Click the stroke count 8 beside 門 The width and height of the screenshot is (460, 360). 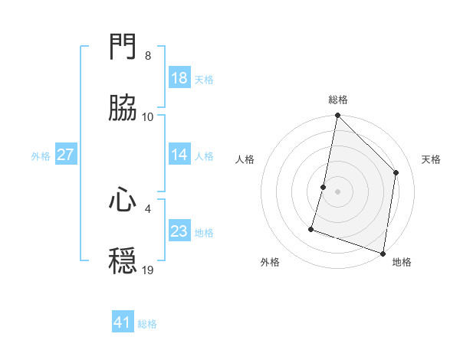[148, 56]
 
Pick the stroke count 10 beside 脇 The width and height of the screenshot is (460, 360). [148, 117]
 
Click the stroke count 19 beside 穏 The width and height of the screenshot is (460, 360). [148, 270]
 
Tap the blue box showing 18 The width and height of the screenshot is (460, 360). [179, 78]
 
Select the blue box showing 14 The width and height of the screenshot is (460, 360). [179, 155]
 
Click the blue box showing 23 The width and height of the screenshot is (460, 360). [179, 231]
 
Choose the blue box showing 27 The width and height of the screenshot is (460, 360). [66, 155]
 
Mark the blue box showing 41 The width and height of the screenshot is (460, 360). [123, 322]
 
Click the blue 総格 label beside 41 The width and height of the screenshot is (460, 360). [147, 324]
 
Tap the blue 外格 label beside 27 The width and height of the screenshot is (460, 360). [41, 156]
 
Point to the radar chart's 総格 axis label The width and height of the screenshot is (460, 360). [338, 100]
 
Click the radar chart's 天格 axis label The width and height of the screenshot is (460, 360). [432, 159]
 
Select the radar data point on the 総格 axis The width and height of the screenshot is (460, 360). [338, 116]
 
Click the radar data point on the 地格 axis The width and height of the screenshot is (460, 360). [383, 253]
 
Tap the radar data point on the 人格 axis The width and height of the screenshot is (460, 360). [324, 187]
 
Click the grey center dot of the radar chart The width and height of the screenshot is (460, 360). [338, 191]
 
